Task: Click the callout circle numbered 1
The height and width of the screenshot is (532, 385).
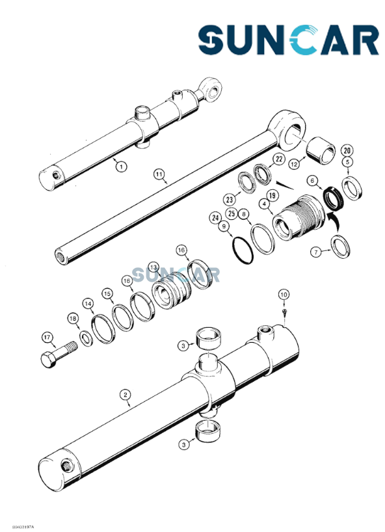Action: point(121,166)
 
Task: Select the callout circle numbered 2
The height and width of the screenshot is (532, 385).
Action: point(125,394)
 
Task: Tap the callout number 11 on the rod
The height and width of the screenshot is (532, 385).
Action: point(158,174)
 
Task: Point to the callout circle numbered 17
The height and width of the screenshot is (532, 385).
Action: point(47,337)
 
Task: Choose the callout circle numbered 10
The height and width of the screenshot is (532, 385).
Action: point(283,295)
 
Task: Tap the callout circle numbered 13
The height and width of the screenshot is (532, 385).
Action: point(153,267)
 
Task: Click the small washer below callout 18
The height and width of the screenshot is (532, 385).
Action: point(86,337)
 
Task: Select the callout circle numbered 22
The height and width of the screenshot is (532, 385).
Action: point(259,159)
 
